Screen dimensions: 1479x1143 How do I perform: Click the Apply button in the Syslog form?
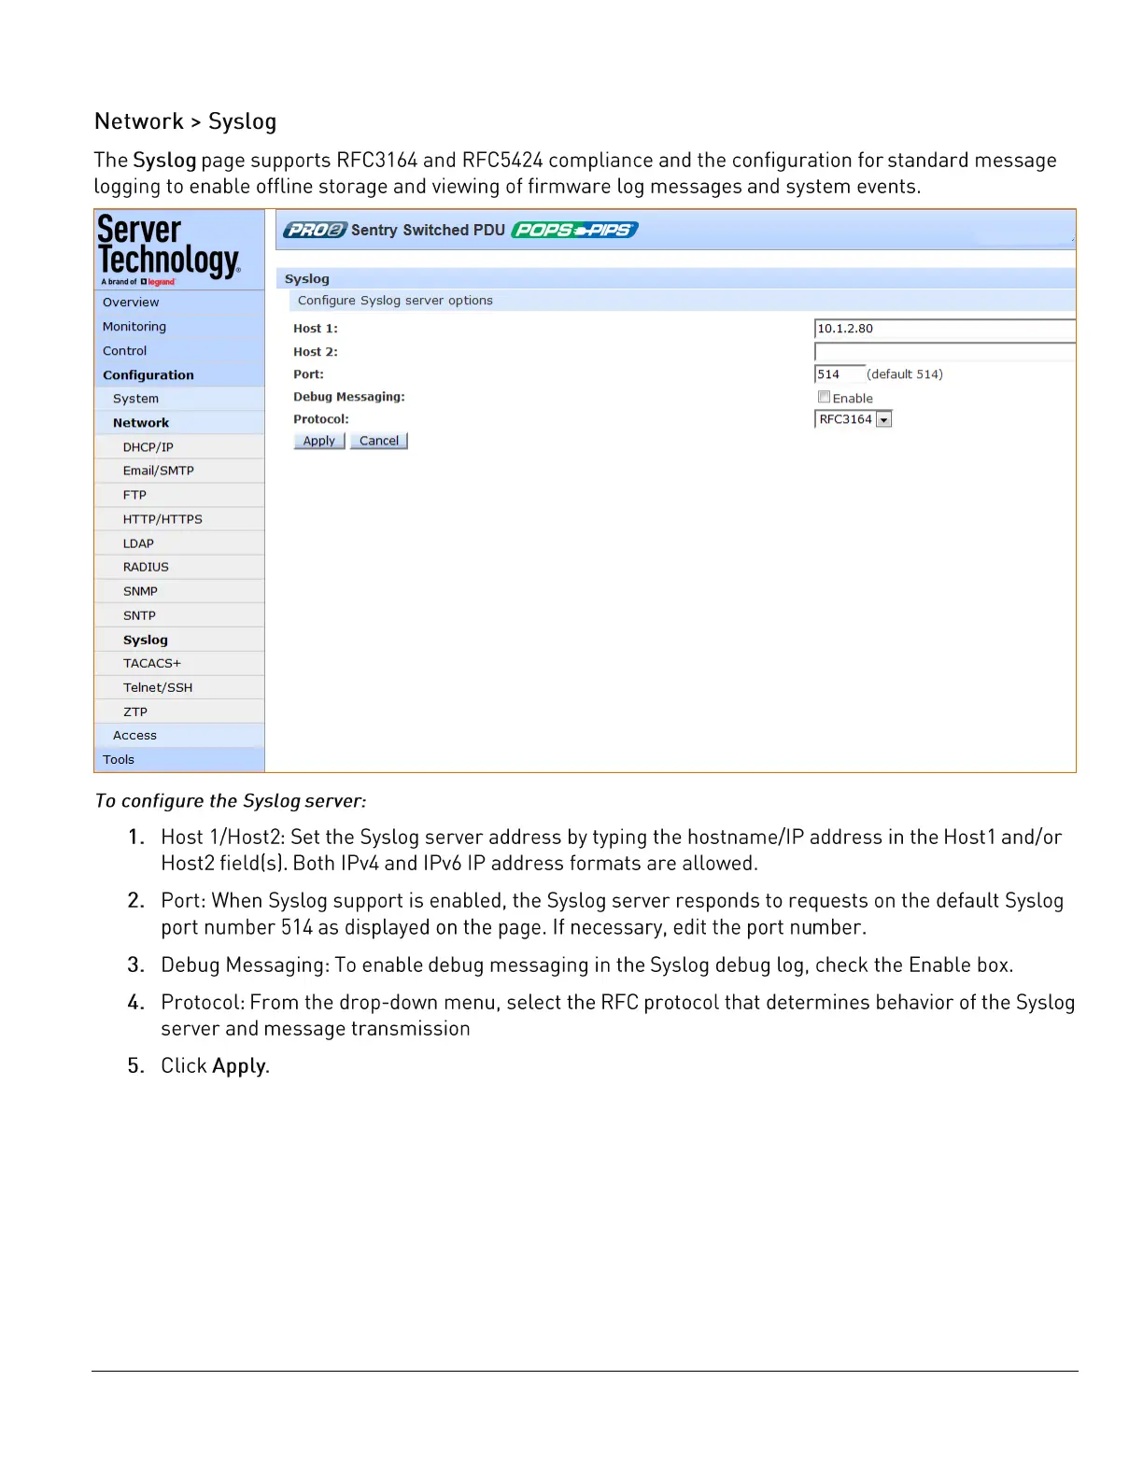pyautogui.click(x=318, y=441)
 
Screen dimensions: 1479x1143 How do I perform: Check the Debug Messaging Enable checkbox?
pyautogui.click(x=824, y=397)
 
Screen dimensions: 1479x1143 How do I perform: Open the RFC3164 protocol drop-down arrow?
pyautogui.click(x=883, y=420)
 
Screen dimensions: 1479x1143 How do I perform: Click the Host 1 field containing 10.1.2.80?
pyautogui.click(x=943, y=329)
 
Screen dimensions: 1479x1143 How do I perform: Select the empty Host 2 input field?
pyautogui.click(x=943, y=352)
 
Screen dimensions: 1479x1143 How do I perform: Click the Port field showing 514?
pyautogui.click(x=839, y=374)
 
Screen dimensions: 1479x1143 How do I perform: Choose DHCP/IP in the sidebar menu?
pyautogui.click(x=148, y=447)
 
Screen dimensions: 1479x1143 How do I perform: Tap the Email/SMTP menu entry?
pyautogui.click(x=158, y=471)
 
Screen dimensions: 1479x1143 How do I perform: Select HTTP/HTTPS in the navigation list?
pyautogui.click(x=162, y=519)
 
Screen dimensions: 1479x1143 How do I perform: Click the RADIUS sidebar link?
pyautogui.click(x=146, y=567)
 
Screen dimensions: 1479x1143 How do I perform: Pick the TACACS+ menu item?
pyautogui.click(x=151, y=663)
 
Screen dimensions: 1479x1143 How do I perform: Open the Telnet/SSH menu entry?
pyautogui.click(x=157, y=687)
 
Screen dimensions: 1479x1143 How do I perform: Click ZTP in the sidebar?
pyautogui.click(x=135, y=711)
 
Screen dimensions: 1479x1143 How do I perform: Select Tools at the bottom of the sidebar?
pyautogui.click(x=119, y=760)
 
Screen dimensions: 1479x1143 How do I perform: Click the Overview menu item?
pyautogui.click(x=131, y=303)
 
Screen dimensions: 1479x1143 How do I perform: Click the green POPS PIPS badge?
pyautogui.click(x=574, y=230)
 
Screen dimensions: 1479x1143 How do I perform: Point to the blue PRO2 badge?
pyautogui.click(x=315, y=230)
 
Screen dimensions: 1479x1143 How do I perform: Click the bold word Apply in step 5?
pyautogui.click(x=239, y=1066)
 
